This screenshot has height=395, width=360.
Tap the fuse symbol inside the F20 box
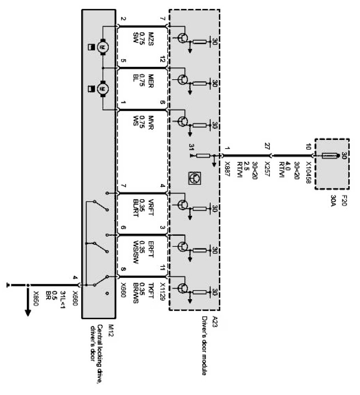point(329,157)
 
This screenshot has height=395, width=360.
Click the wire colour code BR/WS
point(137,292)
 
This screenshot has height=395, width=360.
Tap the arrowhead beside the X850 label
point(28,313)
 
